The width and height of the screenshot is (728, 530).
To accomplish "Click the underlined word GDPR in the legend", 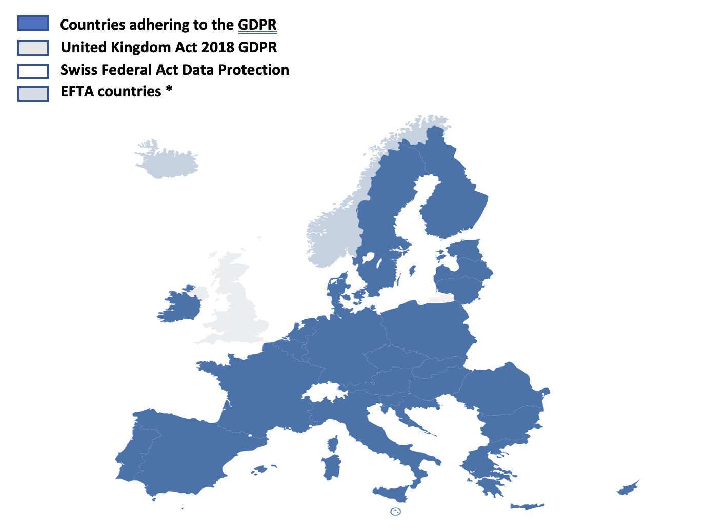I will (257, 25).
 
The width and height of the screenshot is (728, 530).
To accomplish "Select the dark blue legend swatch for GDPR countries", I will (33, 24).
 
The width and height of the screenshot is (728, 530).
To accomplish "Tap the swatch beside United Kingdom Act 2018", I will (33, 48).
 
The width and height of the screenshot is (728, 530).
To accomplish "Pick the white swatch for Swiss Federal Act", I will (33, 71).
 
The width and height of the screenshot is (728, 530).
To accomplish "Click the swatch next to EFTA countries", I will (33, 94).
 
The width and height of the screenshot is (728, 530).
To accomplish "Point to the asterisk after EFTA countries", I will (169, 90).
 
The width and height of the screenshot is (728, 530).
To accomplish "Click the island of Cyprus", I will (628, 487).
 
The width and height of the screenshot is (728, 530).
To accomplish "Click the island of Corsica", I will (334, 443).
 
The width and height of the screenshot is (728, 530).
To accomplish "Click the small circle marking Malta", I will (395, 512).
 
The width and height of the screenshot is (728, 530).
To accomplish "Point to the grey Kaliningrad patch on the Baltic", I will (442, 298).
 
